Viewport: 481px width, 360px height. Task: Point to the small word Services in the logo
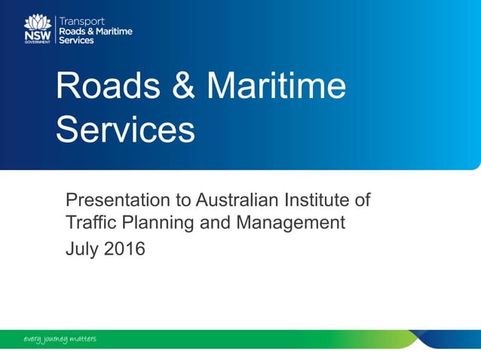coord(76,40)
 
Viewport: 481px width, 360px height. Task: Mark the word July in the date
coord(82,248)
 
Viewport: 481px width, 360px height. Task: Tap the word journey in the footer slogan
coord(54,340)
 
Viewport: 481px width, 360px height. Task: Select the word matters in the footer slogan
coord(82,339)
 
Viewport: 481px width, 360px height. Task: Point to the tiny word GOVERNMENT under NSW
coord(38,42)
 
